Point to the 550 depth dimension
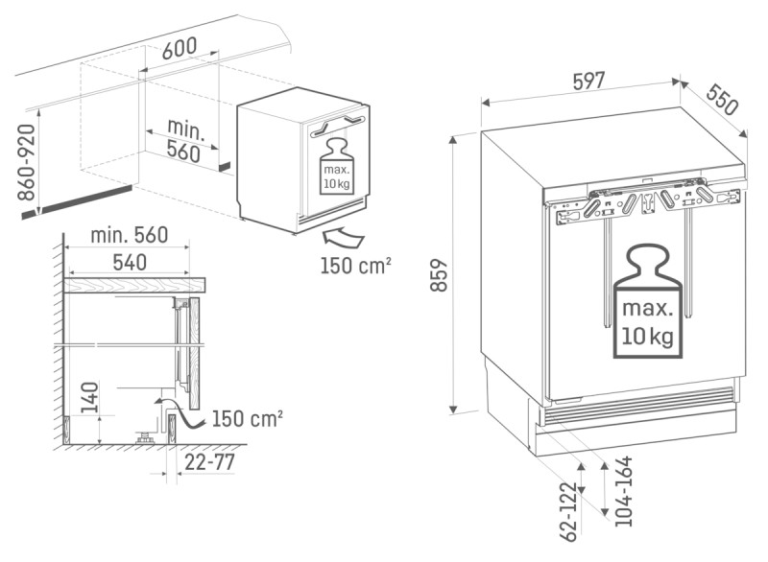tap(722, 98)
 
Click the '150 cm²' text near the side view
tap(247, 418)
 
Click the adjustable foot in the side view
tap(144, 437)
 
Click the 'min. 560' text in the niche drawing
tap(184, 140)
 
